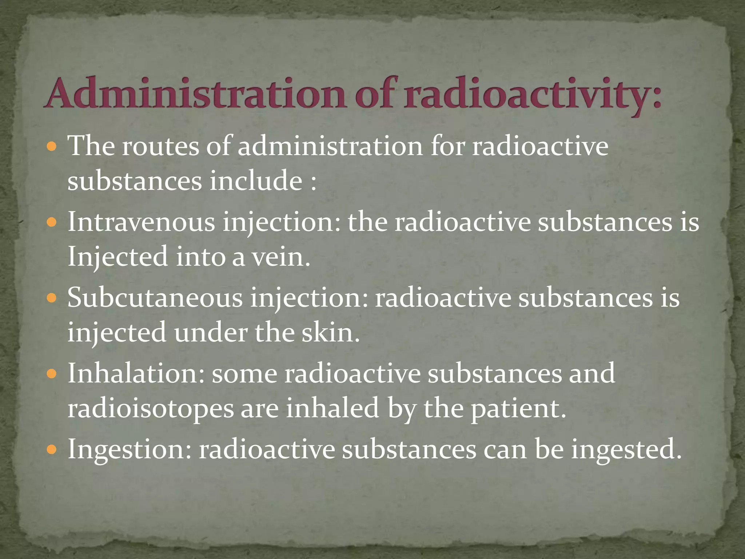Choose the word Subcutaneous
(155, 298)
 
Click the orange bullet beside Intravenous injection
(52, 222)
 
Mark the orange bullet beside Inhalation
(52, 374)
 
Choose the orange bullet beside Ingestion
(52, 450)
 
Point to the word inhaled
(332, 408)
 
